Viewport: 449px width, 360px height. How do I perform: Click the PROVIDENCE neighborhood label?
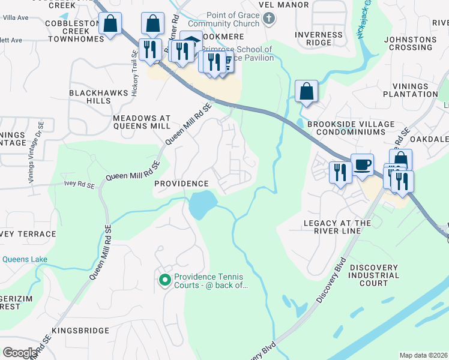(181, 184)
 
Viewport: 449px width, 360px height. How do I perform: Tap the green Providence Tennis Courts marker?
(164, 280)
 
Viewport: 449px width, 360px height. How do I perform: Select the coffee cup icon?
(362, 164)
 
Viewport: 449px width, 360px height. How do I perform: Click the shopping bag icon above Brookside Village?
(306, 92)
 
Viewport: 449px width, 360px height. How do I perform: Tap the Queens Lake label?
(25, 260)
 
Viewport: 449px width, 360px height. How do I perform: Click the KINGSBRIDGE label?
(80, 331)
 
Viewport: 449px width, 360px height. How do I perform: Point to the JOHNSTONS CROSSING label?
(411, 44)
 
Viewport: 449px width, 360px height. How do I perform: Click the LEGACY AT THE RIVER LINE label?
(337, 227)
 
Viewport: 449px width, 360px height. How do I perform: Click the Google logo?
(20, 352)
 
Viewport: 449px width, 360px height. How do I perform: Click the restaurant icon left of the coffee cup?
(340, 172)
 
